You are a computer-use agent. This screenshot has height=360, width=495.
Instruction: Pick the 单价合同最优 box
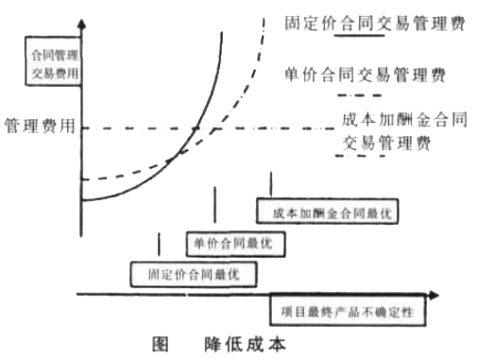click(x=232, y=243)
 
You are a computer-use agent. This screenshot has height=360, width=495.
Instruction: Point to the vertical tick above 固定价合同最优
click(x=160, y=243)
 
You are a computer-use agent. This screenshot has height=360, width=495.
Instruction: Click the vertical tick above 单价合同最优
click(x=218, y=202)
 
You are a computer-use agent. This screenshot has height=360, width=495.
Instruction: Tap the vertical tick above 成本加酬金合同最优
click(x=273, y=182)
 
